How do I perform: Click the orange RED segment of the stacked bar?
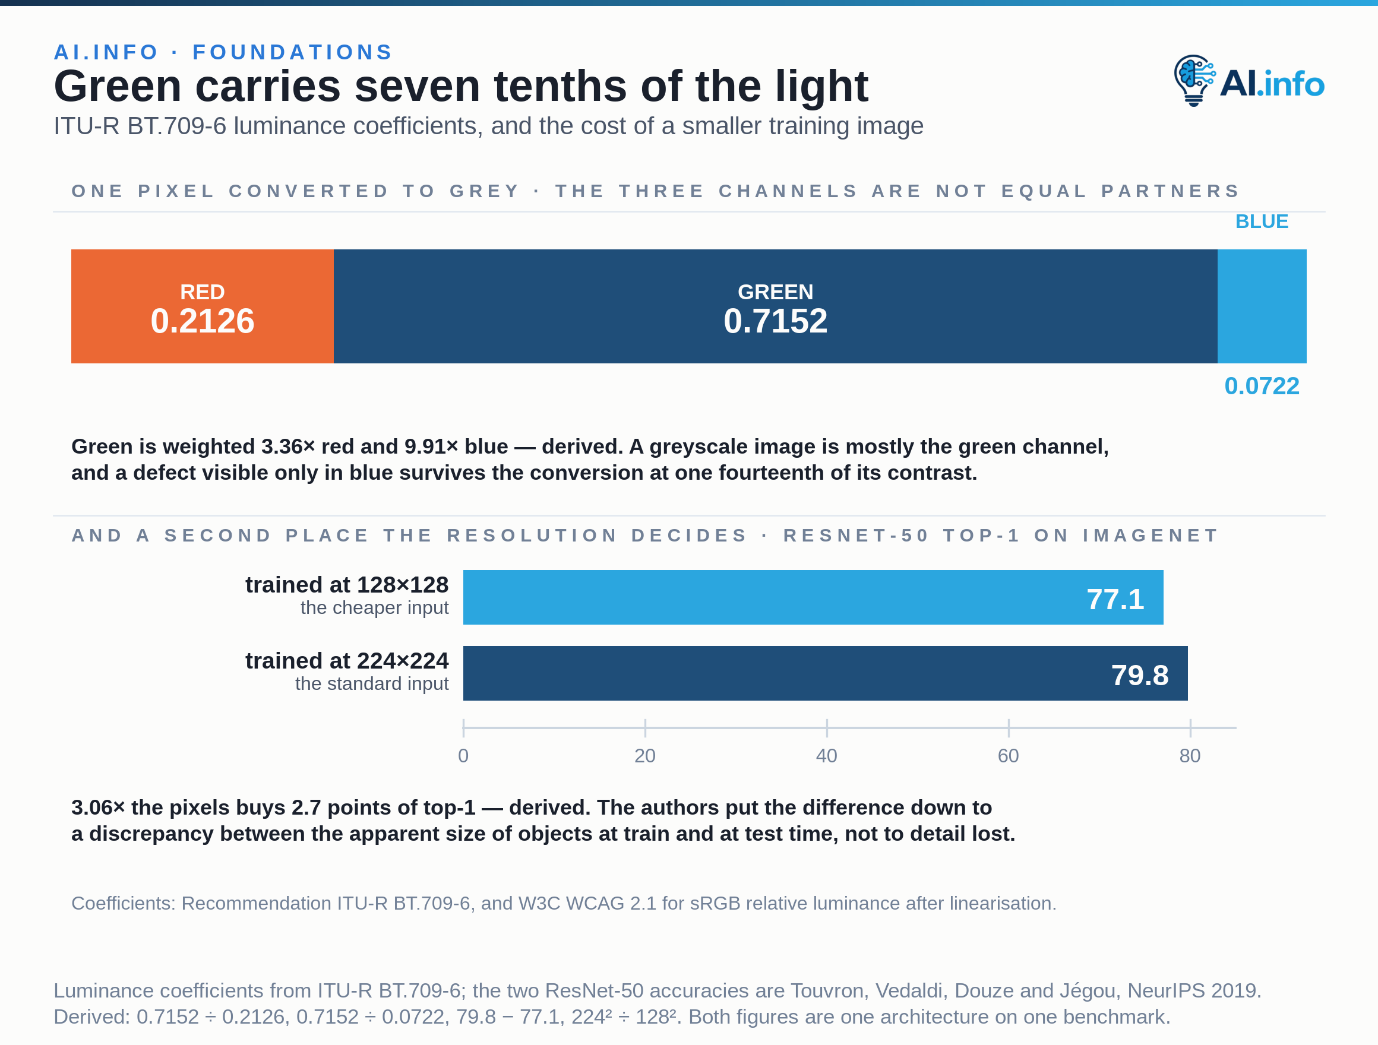coord(203,306)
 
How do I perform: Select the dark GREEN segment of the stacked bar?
coord(776,306)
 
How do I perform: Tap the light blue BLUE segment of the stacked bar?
coord(1262,306)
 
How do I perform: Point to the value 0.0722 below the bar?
coord(1262,386)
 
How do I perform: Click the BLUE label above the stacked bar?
coord(1262,221)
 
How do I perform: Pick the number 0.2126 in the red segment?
coord(203,321)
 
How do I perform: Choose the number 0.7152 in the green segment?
coord(776,321)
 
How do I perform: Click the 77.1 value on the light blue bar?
coord(1115,599)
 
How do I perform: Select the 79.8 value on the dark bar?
coord(1140,675)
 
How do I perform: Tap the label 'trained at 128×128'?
coord(347,585)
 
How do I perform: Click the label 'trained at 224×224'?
coord(347,661)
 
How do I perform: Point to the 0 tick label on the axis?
coord(463,756)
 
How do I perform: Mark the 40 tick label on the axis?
coord(827,756)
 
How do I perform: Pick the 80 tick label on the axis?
coord(1190,756)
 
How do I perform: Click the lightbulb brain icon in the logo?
coord(1194,80)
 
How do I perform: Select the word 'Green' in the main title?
coord(118,86)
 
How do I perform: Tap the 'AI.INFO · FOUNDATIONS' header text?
coord(223,52)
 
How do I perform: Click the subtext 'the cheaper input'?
coord(374,608)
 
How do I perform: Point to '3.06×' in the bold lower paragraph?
coord(99,807)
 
